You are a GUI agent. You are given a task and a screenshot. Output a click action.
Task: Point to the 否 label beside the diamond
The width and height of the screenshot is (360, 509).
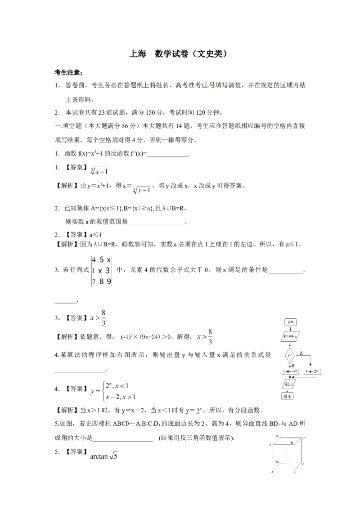(x=302, y=353)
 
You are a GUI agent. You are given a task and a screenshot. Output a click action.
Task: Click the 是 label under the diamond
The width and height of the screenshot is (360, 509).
(x=293, y=366)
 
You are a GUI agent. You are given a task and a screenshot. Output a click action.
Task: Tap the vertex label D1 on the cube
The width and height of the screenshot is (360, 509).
(x=278, y=436)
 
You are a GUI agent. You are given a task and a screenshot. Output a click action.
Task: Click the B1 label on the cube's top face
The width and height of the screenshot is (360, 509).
(x=292, y=443)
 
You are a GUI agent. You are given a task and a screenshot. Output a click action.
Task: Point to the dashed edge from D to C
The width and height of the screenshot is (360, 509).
(x=290, y=463)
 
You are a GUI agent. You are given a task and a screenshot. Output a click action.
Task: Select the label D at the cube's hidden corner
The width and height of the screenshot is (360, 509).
(x=278, y=462)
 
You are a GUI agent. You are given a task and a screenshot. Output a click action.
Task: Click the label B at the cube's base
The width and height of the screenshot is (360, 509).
(x=294, y=473)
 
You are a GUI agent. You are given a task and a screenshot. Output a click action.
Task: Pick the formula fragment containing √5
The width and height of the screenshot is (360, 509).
(x=104, y=457)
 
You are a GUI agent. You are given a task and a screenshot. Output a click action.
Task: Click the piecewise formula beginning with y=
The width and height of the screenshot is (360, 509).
(x=113, y=390)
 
